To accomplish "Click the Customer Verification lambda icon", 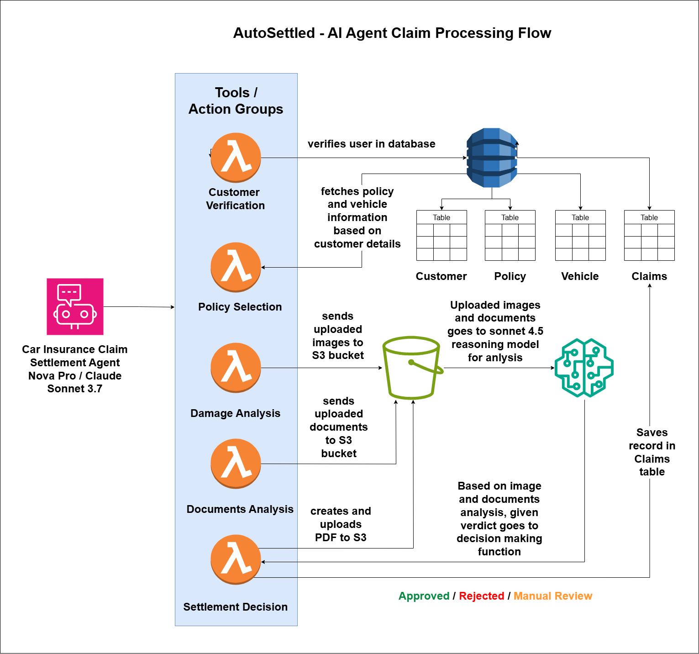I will [x=236, y=158].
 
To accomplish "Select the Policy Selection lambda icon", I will [x=236, y=267].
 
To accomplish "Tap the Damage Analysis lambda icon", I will [x=236, y=368].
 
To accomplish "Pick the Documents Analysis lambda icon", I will [x=236, y=464].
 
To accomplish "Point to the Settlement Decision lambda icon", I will [x=236, y=559].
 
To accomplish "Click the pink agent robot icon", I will [x=75, y=306].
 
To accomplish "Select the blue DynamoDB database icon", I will [x=492, y=158].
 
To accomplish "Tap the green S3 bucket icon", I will [x=412, y=368].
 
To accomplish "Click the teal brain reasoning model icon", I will [x=584, y=368].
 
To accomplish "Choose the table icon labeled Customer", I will [x=441, y=235].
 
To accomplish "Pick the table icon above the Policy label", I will [x=510, y=235].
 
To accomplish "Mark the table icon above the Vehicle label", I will [x=580, y=235].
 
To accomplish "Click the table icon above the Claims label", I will [x=649, y=235].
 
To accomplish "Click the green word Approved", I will [x=424, y=596].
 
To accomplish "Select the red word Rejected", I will [x=481, y=596].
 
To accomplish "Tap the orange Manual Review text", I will [x=552, y=596].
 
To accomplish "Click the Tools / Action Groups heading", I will [x=236, y=101].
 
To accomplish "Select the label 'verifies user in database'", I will [x=371, y=144].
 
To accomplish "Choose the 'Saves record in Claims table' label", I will [x=652, y=452].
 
